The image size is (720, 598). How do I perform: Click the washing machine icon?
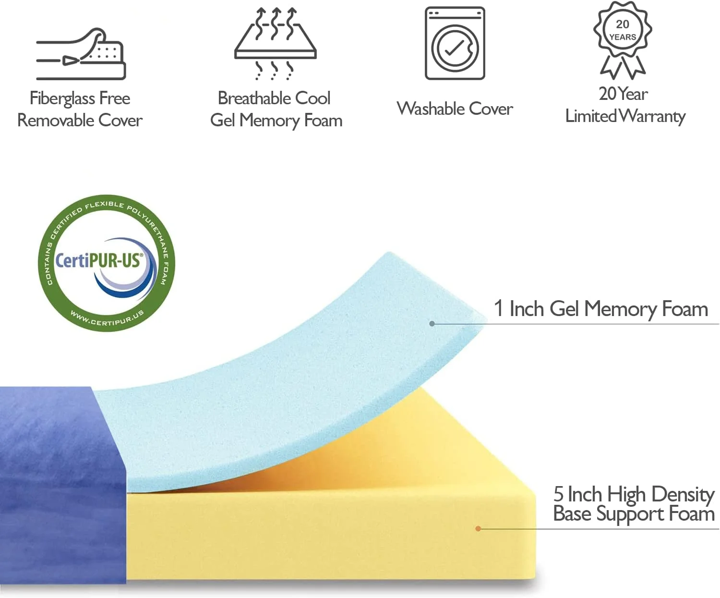tap(455, 43)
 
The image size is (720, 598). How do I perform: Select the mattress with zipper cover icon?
tap(81, 54)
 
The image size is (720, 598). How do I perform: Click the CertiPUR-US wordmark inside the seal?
tap(99, 261)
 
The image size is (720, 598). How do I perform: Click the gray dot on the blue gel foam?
tap(432, 324)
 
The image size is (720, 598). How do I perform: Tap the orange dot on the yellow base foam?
tap(478, 528)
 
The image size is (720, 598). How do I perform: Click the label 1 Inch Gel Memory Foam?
tap(601, 309)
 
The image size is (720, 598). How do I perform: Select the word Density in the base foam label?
tap(683, 494)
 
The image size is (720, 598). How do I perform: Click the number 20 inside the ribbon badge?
tap(623, 24)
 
